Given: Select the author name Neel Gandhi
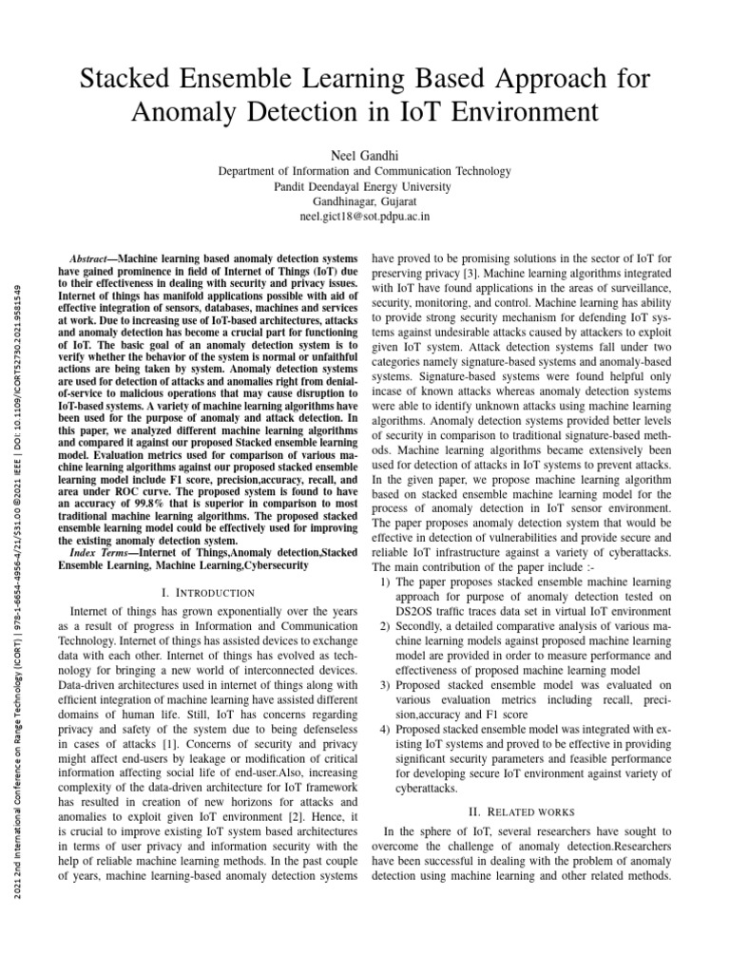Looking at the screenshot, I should pyautogui.click(x=365, y=154).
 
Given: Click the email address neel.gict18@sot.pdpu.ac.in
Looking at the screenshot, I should pyautogui.click(x=365, y=217).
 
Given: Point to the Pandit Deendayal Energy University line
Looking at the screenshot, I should pyautogui.click(x=365, y=186).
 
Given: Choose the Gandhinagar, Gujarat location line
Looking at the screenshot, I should pyautogui.click(x=365, y=201).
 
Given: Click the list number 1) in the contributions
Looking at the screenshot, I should pyautogui.click(x=385, y=581).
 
